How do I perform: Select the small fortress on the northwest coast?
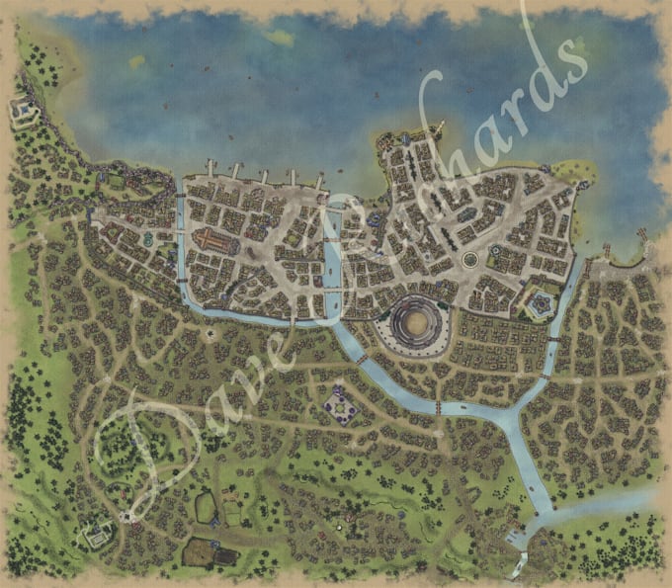click(21, 111)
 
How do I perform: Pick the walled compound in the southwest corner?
click(97, 535)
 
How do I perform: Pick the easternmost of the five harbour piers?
click(319, 179)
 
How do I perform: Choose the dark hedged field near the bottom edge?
click(201, 551)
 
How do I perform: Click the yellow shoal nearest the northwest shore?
click(136, 61)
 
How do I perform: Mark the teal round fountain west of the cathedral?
click(146, 238)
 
